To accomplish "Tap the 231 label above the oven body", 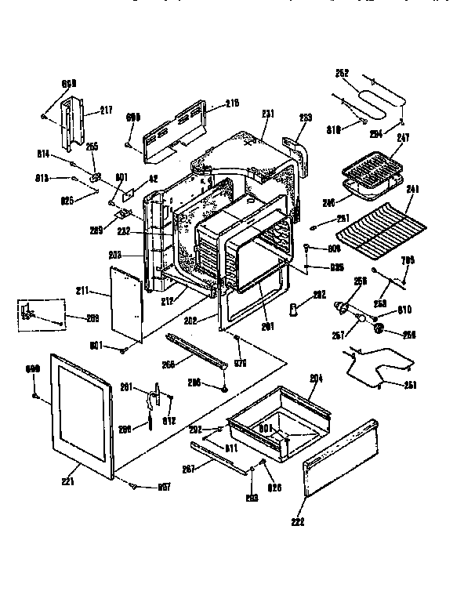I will (268, 114).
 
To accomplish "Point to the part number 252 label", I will (342, 74).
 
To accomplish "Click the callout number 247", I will (403, 137).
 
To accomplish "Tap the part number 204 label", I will (316, 378).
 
